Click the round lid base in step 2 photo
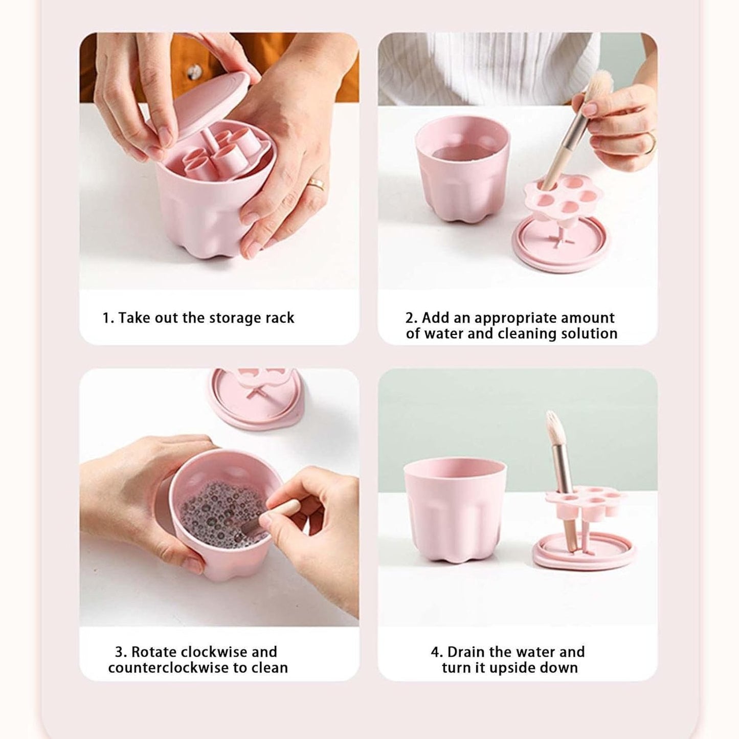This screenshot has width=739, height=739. click(561, 244)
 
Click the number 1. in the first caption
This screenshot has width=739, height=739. click(108, 318)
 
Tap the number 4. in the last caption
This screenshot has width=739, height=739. click(436, 653)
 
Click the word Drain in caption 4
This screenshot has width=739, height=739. click(466, 653)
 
